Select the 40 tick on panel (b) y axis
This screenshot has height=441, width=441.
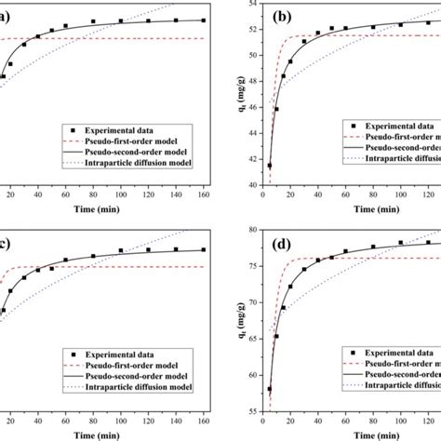[x=249, y=185]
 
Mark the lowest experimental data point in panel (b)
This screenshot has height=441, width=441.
[x=269, y=166]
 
